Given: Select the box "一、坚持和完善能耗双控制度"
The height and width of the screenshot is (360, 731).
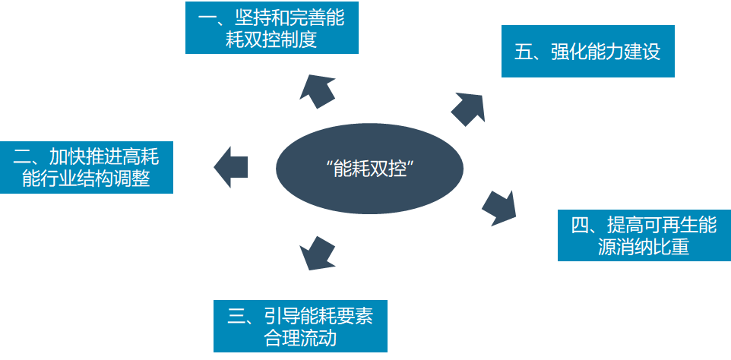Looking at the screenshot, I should (x=271, y=28).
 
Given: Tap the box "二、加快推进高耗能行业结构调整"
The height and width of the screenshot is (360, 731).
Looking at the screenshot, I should (x=86, y=167).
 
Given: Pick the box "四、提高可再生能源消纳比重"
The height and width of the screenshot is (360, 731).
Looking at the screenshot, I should (x=644, y=235).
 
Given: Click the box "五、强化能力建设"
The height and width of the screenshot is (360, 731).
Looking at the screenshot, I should (x=587, y=52).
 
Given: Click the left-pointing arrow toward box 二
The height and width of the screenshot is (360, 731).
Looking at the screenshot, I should (x=231, y=166).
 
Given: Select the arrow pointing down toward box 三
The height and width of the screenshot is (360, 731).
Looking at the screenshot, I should (x=316, y=252).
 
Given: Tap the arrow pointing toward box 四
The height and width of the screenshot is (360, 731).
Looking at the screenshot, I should (x=499, y=207).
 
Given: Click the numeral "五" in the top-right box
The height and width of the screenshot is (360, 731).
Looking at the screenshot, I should (x=523, y=52).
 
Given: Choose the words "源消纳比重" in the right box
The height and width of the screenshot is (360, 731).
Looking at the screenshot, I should (x=643, y=247).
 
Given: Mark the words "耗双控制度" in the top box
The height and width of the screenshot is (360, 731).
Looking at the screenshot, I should (x=271, y=39).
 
